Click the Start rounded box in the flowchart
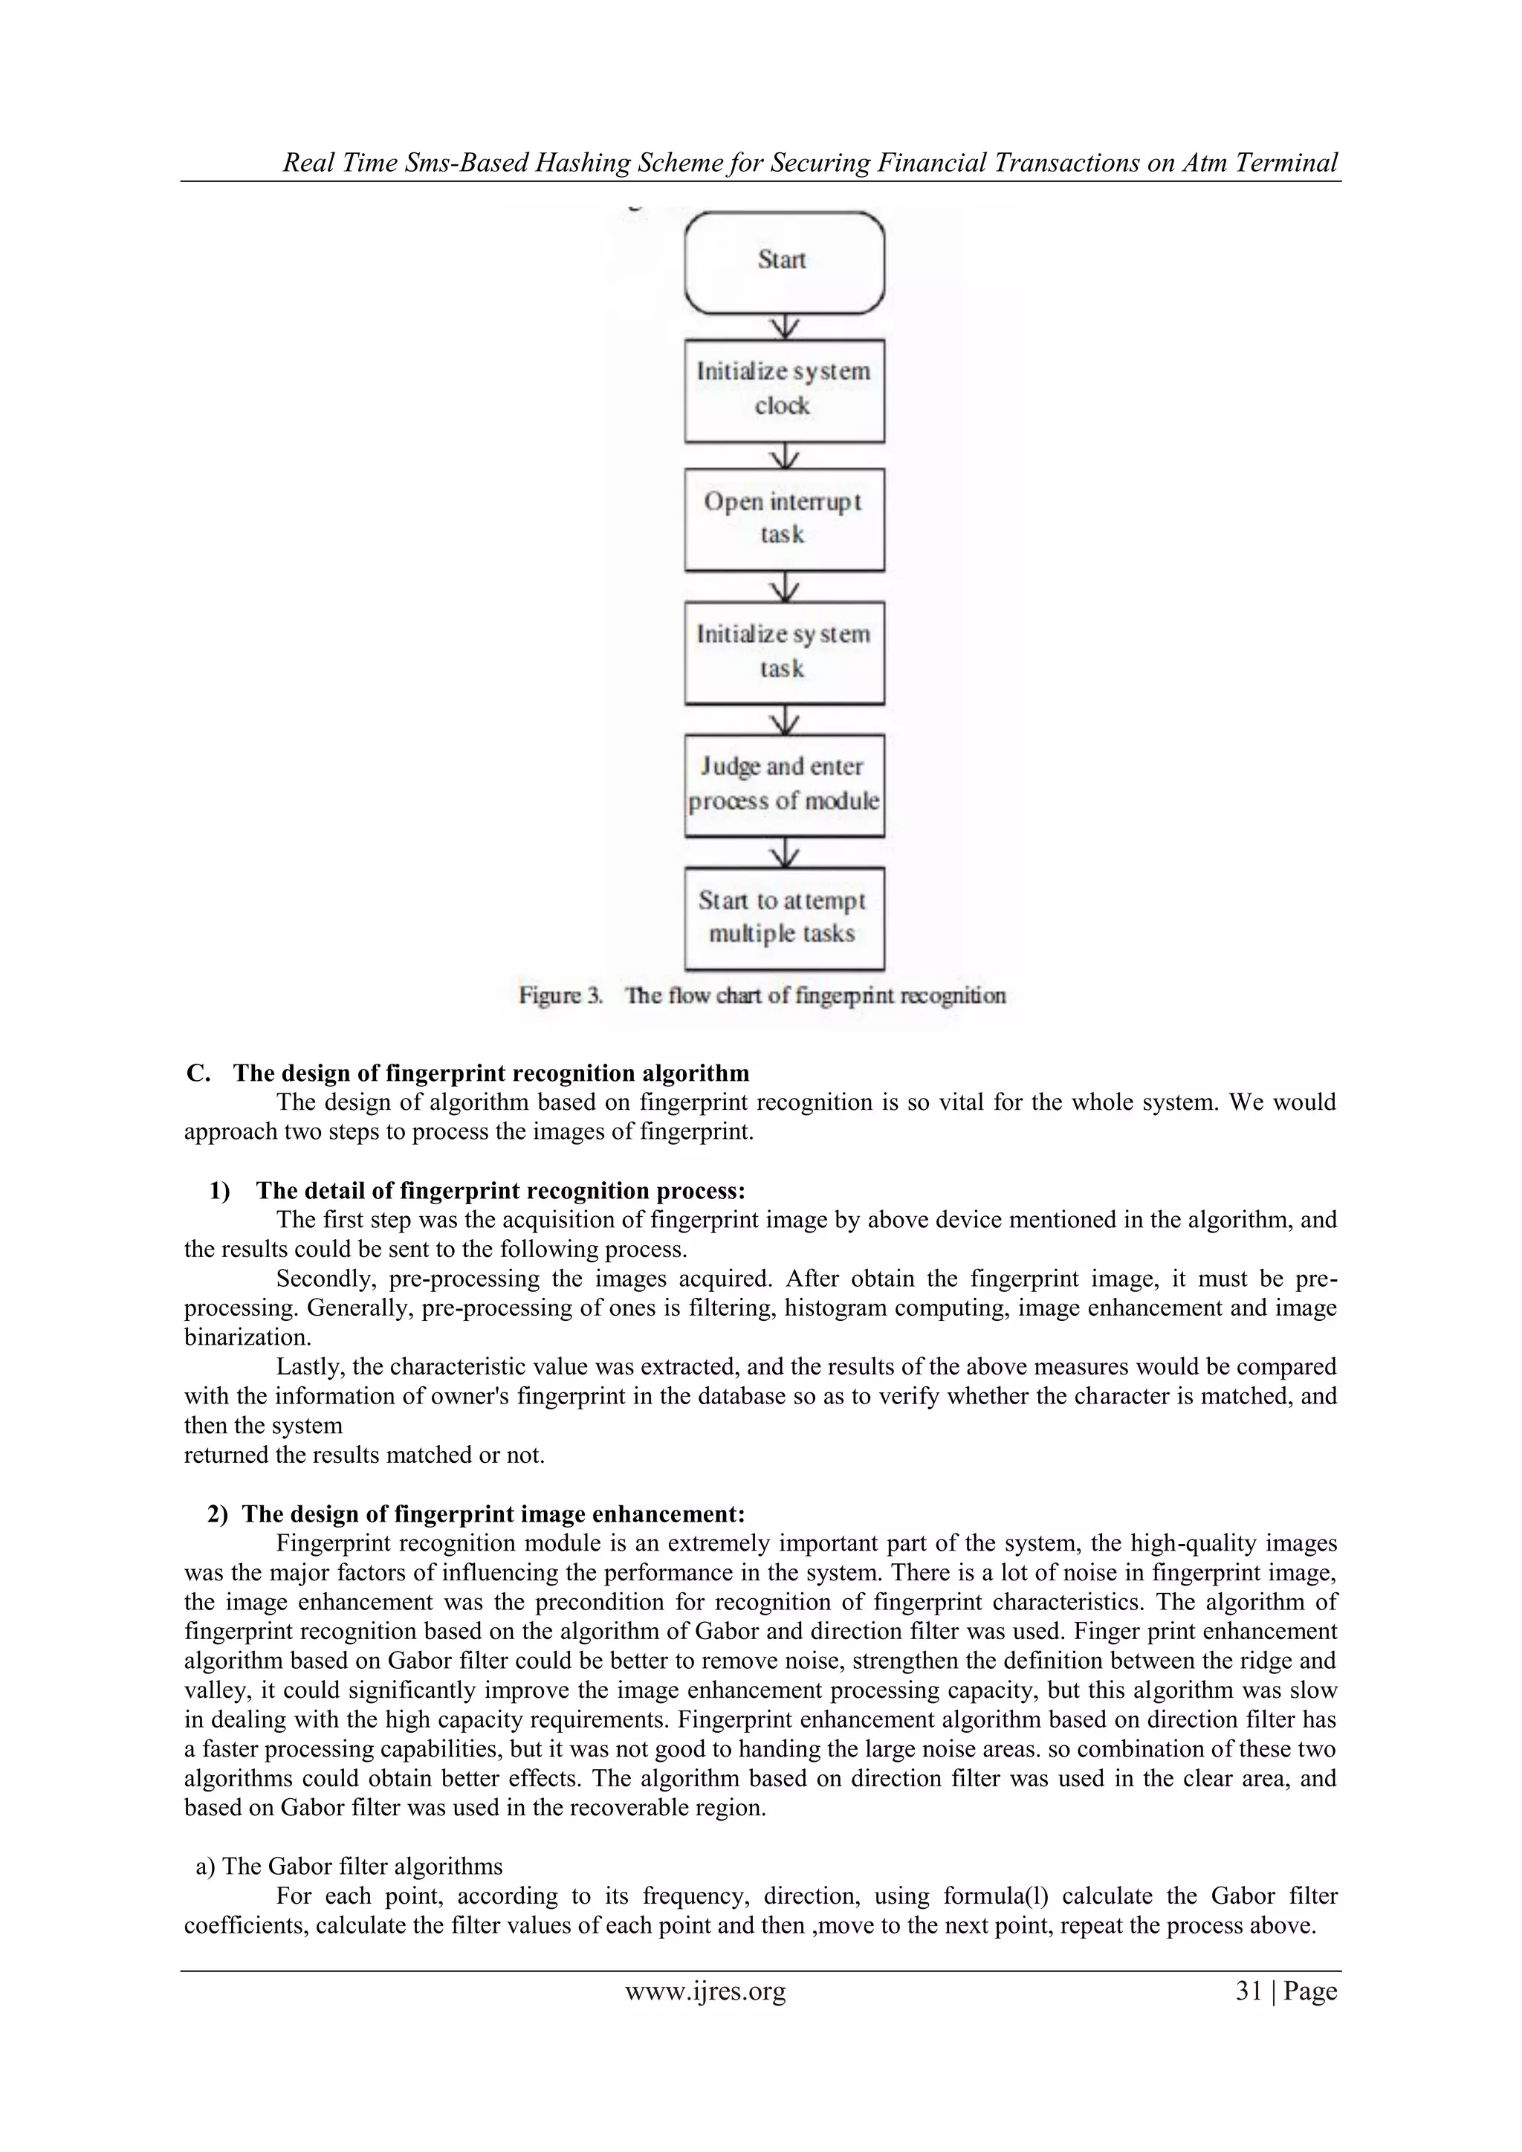point(785,262)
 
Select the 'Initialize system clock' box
point(785,390)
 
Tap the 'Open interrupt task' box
point(785,520)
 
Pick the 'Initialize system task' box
point(785,653)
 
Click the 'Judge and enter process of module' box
point(785,784)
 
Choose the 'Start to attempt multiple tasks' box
point(785,917)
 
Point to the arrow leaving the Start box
point(785,326)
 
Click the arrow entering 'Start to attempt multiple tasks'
point(785,852)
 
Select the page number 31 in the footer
point(1249,1991)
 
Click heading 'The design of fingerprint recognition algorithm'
point(491,1073)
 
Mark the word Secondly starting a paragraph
point(316,1279)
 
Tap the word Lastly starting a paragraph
point(309,1368)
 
